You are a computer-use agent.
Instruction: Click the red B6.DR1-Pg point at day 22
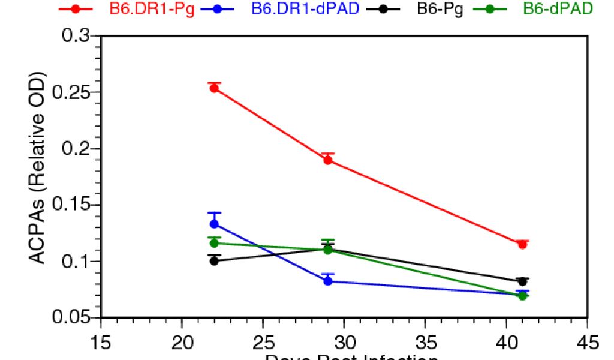coord(214,88)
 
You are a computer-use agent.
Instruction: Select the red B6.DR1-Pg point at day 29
coord(328,160)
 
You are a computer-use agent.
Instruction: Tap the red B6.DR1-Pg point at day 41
coord(522,244)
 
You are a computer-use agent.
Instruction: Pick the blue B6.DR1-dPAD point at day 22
coord(214,224)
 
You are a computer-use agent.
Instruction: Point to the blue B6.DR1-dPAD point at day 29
coord(328,281)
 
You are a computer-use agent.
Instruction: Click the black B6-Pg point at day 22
coord(214,261)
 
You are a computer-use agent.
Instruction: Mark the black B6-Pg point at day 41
coord(522,281)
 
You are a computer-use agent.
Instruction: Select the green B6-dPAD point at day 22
coord(214,243)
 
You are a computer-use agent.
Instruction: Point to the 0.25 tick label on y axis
coord(71,93)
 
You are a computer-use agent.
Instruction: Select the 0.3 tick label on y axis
coord(77,36)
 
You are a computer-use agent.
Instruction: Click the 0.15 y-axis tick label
coord(71,205)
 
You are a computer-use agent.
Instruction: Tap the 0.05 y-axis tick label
coord(71,318)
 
